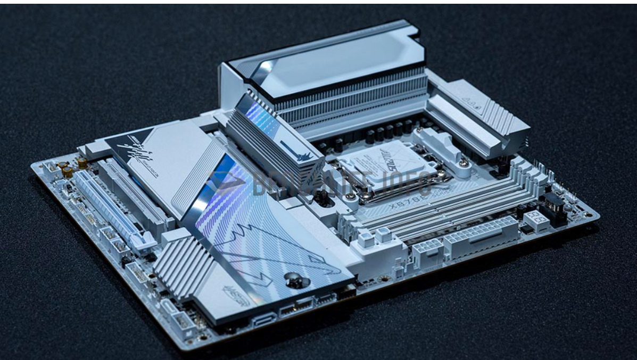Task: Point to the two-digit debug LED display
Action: point(535,219)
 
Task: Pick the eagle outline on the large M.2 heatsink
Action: point(277,250)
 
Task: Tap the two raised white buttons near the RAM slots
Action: point(375,236)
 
